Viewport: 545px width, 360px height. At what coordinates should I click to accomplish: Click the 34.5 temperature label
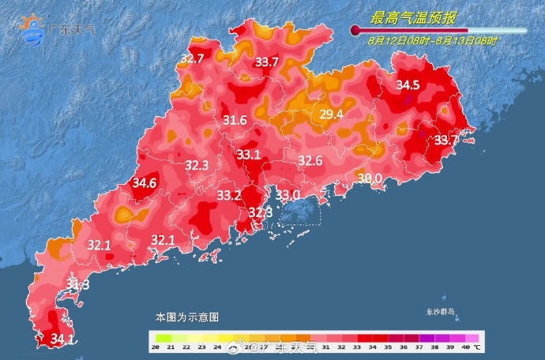pos(408,84)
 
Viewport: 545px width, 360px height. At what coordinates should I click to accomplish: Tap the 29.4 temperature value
pos(331,115)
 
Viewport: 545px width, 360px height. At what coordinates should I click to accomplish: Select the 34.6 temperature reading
pos(145,183)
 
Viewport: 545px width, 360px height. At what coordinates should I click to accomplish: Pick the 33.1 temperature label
pos(249,155)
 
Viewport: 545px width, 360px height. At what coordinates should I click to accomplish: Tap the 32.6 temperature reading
pos(310,161)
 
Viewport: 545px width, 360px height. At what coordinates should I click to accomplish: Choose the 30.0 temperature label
pos(370,178)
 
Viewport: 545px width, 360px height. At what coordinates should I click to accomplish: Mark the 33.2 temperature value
pos(229,195)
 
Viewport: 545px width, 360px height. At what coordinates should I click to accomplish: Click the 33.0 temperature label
pos(288,195)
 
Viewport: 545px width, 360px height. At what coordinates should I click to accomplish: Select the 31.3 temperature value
pos(77,284)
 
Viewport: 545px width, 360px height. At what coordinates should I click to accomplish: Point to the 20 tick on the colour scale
pos(157,347)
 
